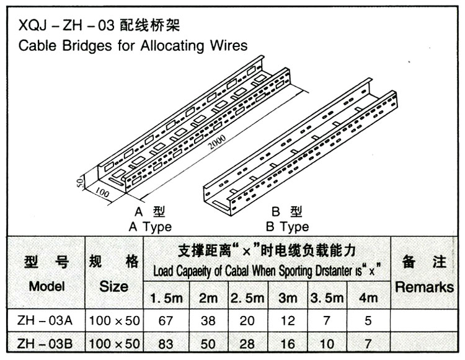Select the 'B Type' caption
tap(287, 227)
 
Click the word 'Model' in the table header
tap(46, 287)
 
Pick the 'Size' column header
tap(114, 287)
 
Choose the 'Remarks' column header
tap(424, 288)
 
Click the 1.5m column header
tap(166, 298)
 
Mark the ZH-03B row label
tap(46, 343)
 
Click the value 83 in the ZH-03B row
tap(165, 343)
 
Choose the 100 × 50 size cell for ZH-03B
tap(115, 343)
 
